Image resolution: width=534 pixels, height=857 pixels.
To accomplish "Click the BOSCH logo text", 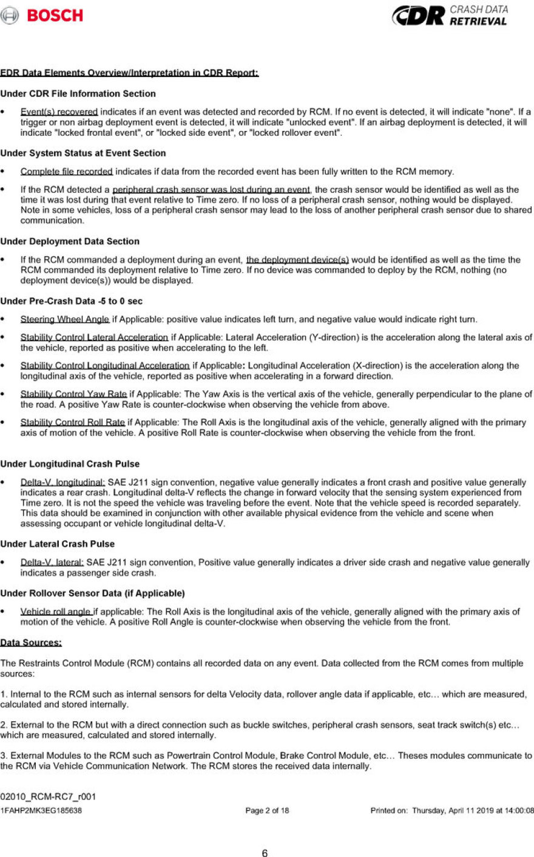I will pyautogui.click(x=55, y=16).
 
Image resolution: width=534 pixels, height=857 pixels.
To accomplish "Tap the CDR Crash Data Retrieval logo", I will pyautogui.click(x=448, y=16).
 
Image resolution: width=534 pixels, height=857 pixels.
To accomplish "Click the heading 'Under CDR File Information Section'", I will pyautogui.click(x=78, y=94).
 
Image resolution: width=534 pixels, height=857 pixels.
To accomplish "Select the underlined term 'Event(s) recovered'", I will pyautogui.click(x=59, y=112).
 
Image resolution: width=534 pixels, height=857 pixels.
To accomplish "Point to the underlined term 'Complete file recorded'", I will pyautogui.click(x=66, y=172).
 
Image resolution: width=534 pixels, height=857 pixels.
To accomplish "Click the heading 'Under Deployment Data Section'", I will pyautogui.click(x=70, y=241).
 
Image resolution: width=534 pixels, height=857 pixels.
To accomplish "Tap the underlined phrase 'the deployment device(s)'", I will pyautogui.click(x=297, y=260).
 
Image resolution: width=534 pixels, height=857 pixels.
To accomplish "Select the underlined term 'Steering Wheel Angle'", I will pyautogui.click(x=65, y=319).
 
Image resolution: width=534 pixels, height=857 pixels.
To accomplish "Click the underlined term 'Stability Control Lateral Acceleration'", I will pyautogui.click(x=94, y=337).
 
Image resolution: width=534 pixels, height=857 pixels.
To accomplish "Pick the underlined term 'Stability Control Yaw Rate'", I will pyautogui.click(x=73, y=395).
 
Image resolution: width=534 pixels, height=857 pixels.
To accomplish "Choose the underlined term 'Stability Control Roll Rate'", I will pyautogui.click(x=72, y=422).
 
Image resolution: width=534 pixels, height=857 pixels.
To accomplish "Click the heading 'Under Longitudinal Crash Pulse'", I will pyautogui.click(x=70, y=464).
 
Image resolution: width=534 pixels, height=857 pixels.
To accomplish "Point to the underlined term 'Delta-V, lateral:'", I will pyautogui.click(x=52, y=562).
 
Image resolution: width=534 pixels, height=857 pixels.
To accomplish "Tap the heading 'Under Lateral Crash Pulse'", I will pyautogui.click(x=57, y=544).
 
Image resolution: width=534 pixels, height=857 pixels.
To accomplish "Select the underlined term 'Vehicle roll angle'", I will pyautogui.click(x=56, y=612).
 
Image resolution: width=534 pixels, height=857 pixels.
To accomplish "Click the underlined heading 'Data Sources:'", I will pyautogui.click(x=31, y=642).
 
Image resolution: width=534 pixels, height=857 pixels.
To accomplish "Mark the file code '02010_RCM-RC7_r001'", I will pyautogui.click(x=48, y=796).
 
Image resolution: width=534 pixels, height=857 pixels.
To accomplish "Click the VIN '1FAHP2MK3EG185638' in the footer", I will pyautogui.click(x=41, y=810).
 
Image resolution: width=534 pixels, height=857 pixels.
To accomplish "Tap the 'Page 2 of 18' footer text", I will pyautogui.click(x=267, y=810).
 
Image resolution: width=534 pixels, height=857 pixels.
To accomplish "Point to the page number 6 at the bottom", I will pyautogui.click(x=265, y=853).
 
